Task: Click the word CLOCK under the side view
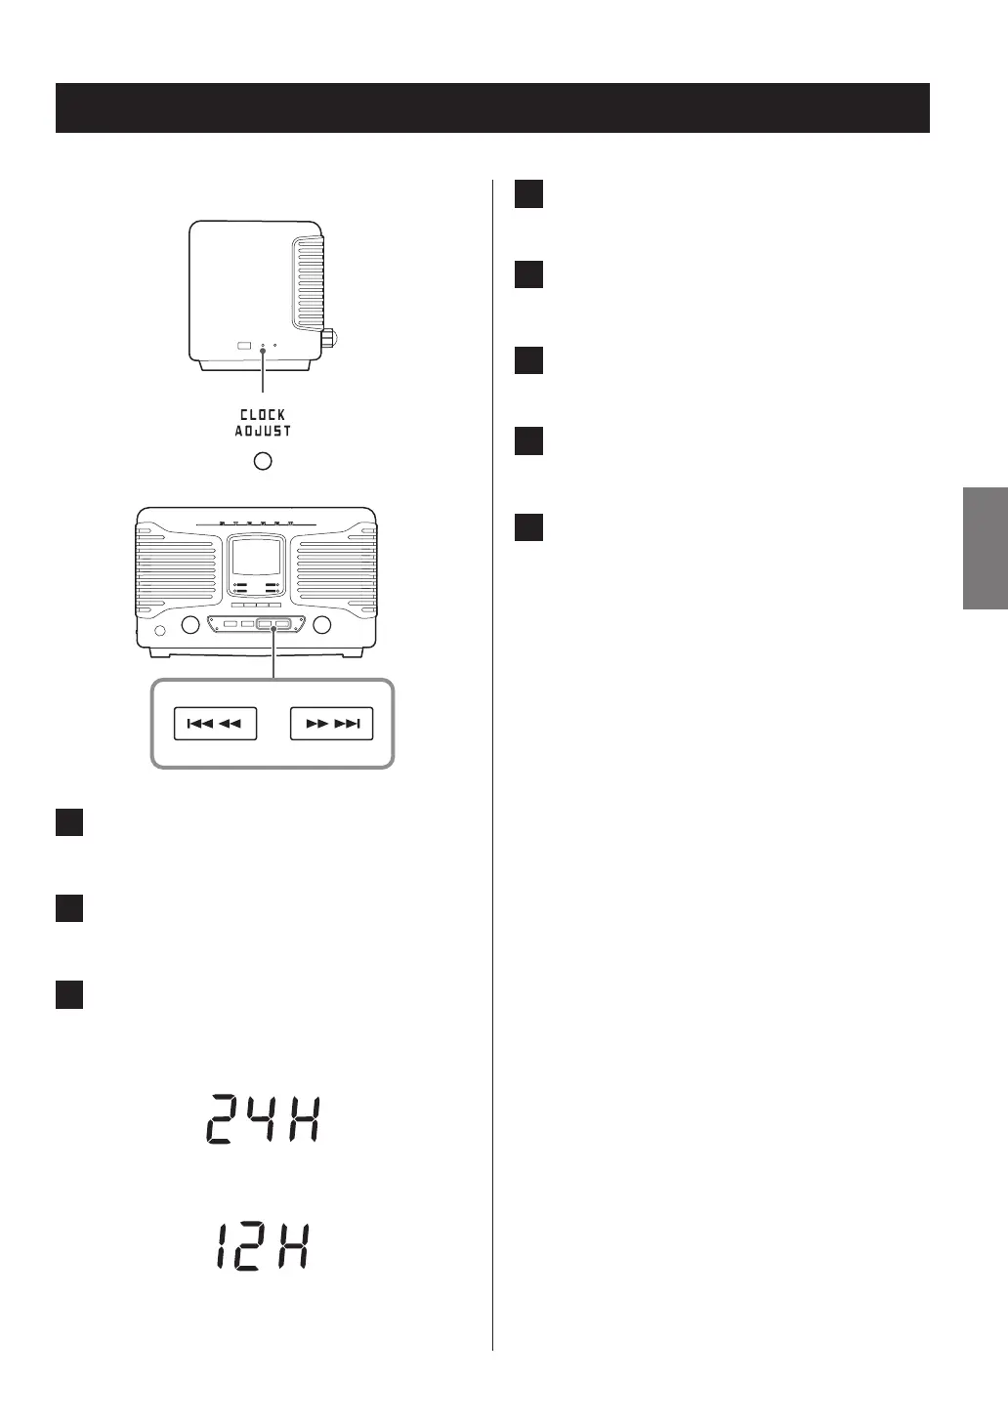tap(263, 415)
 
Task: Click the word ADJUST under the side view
tap(263, 432)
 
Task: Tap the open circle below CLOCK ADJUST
tap(263, 461)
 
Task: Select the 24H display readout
tap(263, 1118)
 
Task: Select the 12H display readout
tap(263, 1247)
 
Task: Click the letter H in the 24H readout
tap(304, 1118)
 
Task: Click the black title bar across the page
tap(492, 107)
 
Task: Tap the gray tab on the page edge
tap(985, 548)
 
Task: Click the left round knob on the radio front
tap(191, 625)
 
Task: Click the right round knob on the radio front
tap(322, 625)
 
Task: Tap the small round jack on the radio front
tap(160, 629)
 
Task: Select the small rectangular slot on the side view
tap(243, 346)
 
